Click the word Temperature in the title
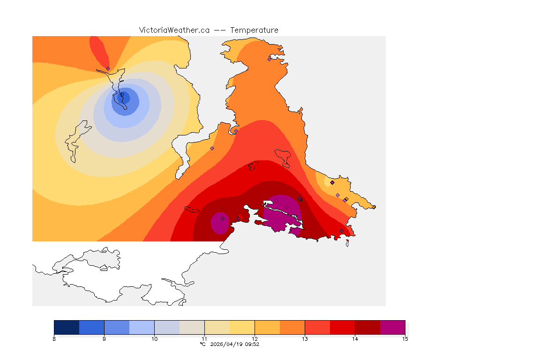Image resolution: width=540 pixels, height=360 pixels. [254, 30]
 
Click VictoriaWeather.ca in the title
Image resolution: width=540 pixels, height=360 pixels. [174, 30]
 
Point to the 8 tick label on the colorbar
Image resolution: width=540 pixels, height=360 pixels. [54, 338]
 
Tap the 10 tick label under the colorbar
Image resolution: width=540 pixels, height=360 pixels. [154, 338]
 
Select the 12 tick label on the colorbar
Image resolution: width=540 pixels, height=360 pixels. [255, 338]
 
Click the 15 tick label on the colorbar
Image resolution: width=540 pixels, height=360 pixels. [405, 338]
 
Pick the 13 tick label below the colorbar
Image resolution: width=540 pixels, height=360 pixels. [305, 338]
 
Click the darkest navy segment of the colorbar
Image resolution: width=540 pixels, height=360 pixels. [67, 327]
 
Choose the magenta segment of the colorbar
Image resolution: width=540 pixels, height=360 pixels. [392, 327]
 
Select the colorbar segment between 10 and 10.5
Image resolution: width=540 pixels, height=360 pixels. [167, 327]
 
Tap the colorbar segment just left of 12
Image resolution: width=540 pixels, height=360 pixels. [242, 327]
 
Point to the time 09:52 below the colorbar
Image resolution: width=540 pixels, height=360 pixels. [251, 344]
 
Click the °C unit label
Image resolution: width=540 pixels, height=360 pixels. [202, 344]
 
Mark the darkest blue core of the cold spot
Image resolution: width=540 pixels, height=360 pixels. [125, 97]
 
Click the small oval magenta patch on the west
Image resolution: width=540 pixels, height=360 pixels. [219, 223]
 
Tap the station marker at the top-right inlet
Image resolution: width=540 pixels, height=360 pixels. [270, 59]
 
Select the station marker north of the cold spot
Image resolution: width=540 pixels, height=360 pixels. [108, 68]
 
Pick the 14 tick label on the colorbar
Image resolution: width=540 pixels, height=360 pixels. [355, 338]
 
